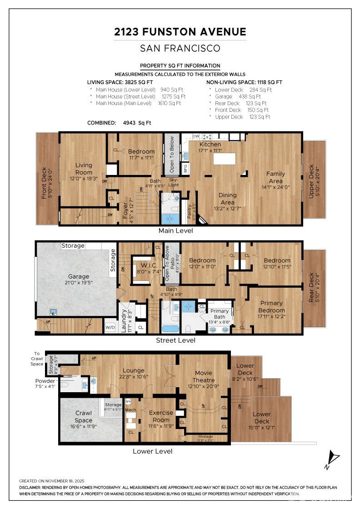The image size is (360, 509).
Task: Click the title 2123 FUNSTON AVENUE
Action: pos(180,32)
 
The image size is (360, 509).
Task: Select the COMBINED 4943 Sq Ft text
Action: pos(119,123)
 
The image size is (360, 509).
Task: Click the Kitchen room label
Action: pos(210,145)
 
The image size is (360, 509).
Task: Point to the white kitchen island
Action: pos(225,159)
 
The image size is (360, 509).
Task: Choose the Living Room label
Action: pos(84,169)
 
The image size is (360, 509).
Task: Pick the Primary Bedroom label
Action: pos(272,307)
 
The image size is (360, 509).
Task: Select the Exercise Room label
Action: pos(161,416)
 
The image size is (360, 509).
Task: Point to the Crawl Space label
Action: pos(84,417)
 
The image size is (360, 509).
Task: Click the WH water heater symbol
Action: pos(128,402)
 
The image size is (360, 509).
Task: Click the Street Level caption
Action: pos(175,340)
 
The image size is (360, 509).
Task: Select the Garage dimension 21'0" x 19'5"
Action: pos(79,283)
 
